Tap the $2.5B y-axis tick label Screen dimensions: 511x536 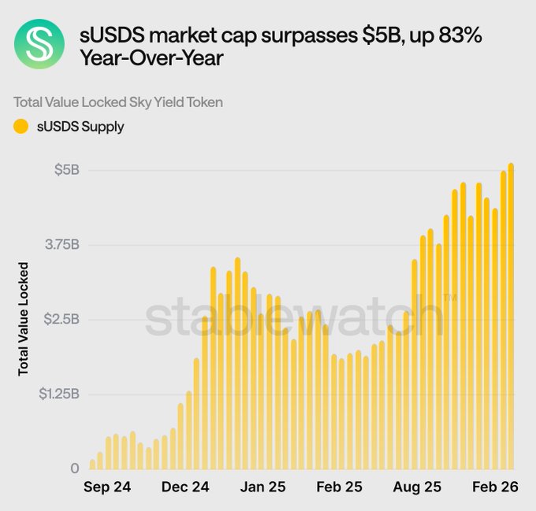(x=61, y=319)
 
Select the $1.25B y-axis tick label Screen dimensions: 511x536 (x=58, y=393)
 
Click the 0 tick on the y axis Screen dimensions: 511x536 (x=74, y=468)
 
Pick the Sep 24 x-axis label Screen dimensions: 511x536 (x=107, y=488)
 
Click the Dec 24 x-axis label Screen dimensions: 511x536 (x=185, y=488)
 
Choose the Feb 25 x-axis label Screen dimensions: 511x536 (x=338, y=488)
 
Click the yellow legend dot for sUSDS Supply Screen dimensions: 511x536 (x=21, y=126)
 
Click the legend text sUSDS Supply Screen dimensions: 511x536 (x=80, y=126)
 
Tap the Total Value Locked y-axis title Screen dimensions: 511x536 (x=24, y=318)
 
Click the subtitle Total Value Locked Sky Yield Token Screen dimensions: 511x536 (x=118, y=102)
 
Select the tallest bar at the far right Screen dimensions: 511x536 (x=511, y=315)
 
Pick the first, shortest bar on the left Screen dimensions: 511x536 (x=92, y=465)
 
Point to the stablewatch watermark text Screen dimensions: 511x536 (x=292, y=319)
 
